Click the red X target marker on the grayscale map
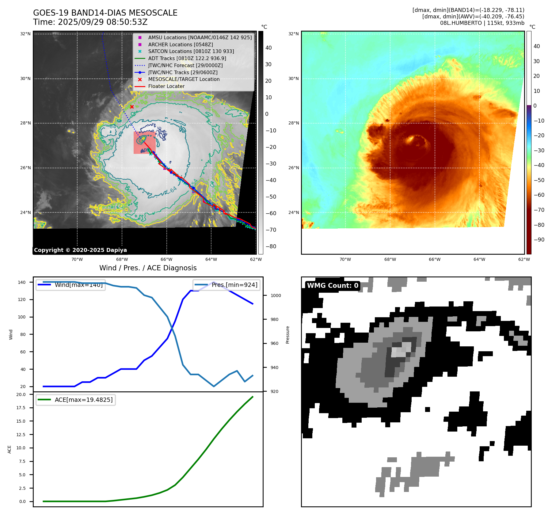(x=132, y=107)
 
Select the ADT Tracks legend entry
(x=187, y=58)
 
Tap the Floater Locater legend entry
(x=166, y=86)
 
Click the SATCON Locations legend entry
(x=191, y=51)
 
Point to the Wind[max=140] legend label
(x=78, y=285)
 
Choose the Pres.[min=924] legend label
(x=234, y=285)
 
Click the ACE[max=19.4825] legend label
(x=83, y=400)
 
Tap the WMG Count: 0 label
(x=333, y=286)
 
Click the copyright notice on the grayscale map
(x=80, y=250)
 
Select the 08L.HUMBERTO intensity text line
(x=482, y=23)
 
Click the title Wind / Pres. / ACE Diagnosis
(x=148, y=268)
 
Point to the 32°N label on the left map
(x=25, y=34)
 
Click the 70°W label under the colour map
(x=345, y=259)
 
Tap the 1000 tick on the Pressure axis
(x=276, y=295)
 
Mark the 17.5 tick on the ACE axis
(x=21, y=408)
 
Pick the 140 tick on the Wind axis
(x=22, y=282)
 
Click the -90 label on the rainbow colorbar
(x=539, y=240)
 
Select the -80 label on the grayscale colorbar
(x=271, y=246)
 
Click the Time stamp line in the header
(x=90, y=22)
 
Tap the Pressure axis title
(x=287, y=335)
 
